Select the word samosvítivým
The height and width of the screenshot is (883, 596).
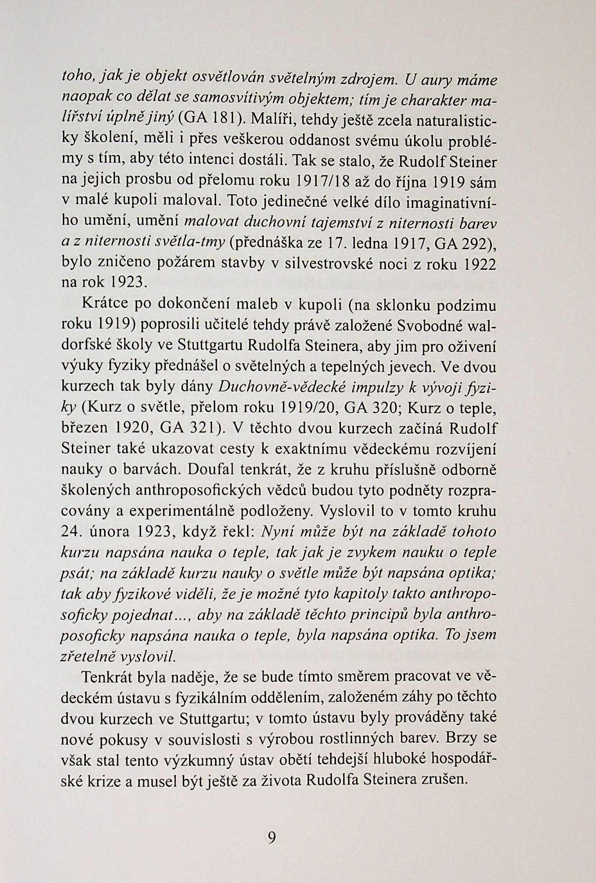198,98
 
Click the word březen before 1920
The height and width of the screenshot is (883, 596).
83,427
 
